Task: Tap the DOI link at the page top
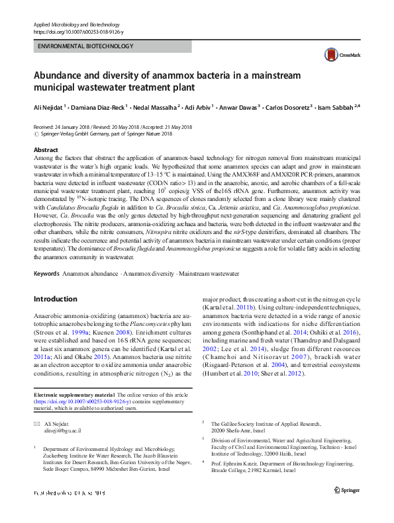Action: point(77,32)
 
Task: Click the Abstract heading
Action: point(46,150)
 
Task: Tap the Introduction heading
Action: point(56,299)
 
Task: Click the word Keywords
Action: point(46,273)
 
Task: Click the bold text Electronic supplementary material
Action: point(74,395)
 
